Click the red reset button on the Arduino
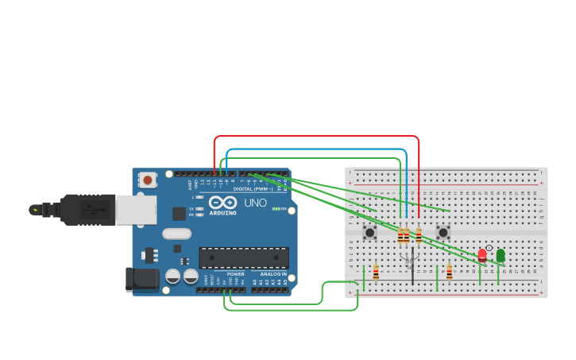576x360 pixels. click(x=147, y=180)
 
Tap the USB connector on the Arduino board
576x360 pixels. click(x=135, y=210)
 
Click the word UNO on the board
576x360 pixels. click(x=255, y=203)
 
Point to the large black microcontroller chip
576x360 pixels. click(x=243, y=257)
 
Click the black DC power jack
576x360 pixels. click(x=141, y=278)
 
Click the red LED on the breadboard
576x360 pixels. click(x=481, y=255)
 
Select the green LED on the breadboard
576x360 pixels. click(x=501, y=256)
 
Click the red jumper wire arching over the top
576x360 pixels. click(x=318, y=137)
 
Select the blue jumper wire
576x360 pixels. click(x=318, y=149)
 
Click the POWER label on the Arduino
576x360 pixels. click(x=235, y=274)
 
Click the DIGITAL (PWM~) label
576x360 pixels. click(x=253, y=189)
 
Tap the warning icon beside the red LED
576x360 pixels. click(x=489, y=248)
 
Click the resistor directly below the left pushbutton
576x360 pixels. click(x=376, y=273)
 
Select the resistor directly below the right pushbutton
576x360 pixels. click(x=449, y=273)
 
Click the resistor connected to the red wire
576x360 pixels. click(x=419, y=235)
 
